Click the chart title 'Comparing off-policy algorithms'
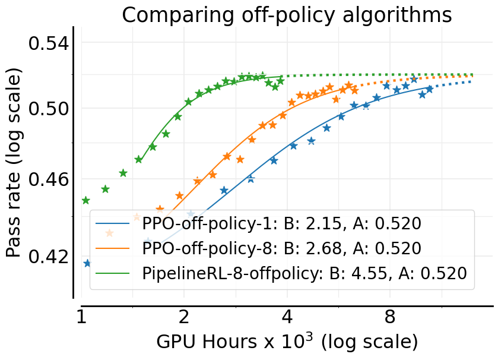287,15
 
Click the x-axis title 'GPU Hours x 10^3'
287,342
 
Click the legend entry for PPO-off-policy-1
281,224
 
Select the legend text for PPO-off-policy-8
281,248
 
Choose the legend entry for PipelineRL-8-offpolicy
304,273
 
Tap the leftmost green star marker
85,200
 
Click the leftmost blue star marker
87,263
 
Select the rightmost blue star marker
430,89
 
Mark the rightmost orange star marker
354,90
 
